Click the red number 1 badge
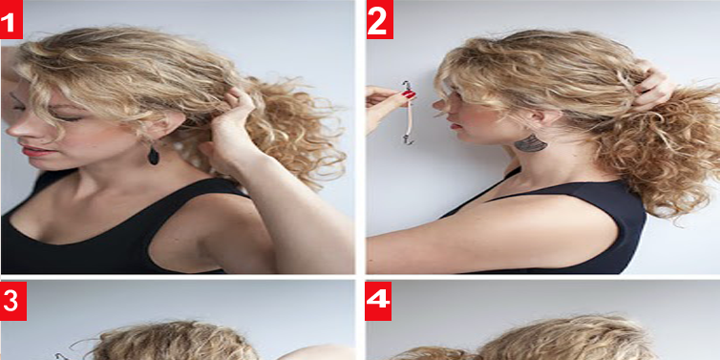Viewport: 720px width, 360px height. click(11, 19)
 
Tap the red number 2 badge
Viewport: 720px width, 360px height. click(380, 19)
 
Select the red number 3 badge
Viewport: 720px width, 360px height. click(12, 301)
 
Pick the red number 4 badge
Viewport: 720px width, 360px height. click(378, 301)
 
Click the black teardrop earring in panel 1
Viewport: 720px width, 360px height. click(154, 155)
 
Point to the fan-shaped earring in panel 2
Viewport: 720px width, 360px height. click(531, 143)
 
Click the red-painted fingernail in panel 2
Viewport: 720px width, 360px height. click(409, 95)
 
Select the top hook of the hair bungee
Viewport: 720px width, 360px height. click(407, 86)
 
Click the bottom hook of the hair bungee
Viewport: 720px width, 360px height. click(408, 138)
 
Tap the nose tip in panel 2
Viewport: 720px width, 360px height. click(435, 105)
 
